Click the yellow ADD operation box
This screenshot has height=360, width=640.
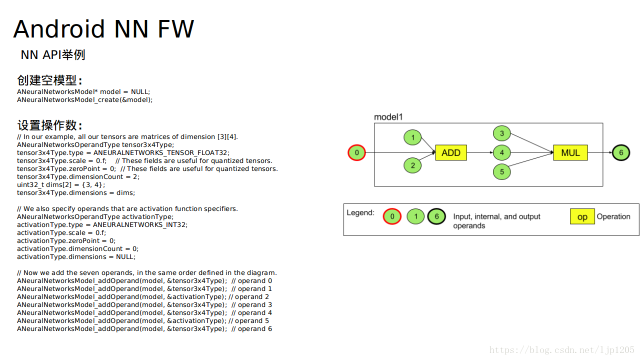(x=451, y=152)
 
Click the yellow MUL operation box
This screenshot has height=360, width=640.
(x=570, y=152)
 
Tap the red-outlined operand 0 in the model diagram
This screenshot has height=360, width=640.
(x=356, y=152)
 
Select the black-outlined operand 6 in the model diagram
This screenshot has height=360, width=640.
(x=621, y=152)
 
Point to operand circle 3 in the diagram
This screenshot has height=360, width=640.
(x=501, y=133)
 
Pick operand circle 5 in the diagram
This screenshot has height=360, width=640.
(x=501, y=171)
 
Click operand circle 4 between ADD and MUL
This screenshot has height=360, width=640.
(x=501, y=152)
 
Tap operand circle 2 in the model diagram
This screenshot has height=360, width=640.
(x=412, y=165)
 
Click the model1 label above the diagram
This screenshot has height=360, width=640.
(x=388, y=117)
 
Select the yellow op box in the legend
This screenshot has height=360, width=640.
(x=582, y=216)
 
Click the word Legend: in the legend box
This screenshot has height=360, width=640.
(x=360, y=212)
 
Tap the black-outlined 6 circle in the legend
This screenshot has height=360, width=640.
(x=436, y=216)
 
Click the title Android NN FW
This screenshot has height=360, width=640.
(x=103, y=29)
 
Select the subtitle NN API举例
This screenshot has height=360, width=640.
(x=53, y=54)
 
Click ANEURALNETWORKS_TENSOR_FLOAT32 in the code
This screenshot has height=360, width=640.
(x=160, y=153)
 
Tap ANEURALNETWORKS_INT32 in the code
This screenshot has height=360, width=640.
(x=139, y=225)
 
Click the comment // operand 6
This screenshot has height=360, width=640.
(x=251, y=329)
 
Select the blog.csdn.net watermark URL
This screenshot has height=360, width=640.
(x=561, y=350)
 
